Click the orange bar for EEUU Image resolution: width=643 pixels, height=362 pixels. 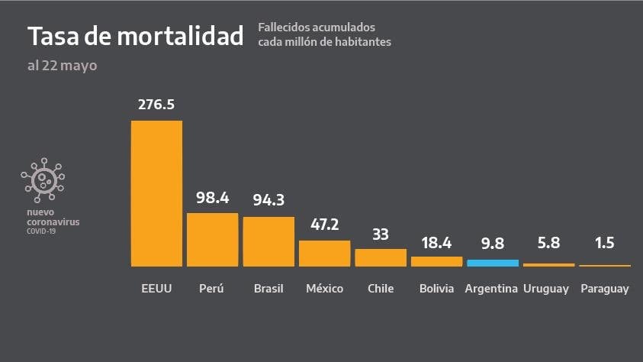click(156, 193)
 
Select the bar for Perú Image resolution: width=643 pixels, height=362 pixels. click(212, 239)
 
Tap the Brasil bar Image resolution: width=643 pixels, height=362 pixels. click(268, 241)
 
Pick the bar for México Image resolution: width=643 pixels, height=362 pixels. click(324, 254)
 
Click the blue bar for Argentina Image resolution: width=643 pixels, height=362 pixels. click(493, 263)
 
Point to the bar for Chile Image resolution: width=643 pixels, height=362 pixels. click(381, 257)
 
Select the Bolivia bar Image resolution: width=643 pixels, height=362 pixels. click(436, 261)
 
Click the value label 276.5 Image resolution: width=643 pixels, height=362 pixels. click(156, 104)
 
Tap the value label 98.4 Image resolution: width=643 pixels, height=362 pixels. click(213, 198)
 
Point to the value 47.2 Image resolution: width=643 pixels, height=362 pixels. click(324, 225)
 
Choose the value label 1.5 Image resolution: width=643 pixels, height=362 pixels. click(605, 244)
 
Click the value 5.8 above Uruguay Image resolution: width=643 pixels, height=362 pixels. click(548, 244)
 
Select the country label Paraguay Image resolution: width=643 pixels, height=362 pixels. click(605, 289)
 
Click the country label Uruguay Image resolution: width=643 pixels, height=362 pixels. click(548, 289)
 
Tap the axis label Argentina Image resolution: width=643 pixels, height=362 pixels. click(493, 289)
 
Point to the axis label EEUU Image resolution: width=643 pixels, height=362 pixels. click(156, 289)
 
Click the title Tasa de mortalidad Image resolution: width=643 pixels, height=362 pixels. click(136, 36)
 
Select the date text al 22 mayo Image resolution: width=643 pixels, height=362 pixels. click(62, 66)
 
